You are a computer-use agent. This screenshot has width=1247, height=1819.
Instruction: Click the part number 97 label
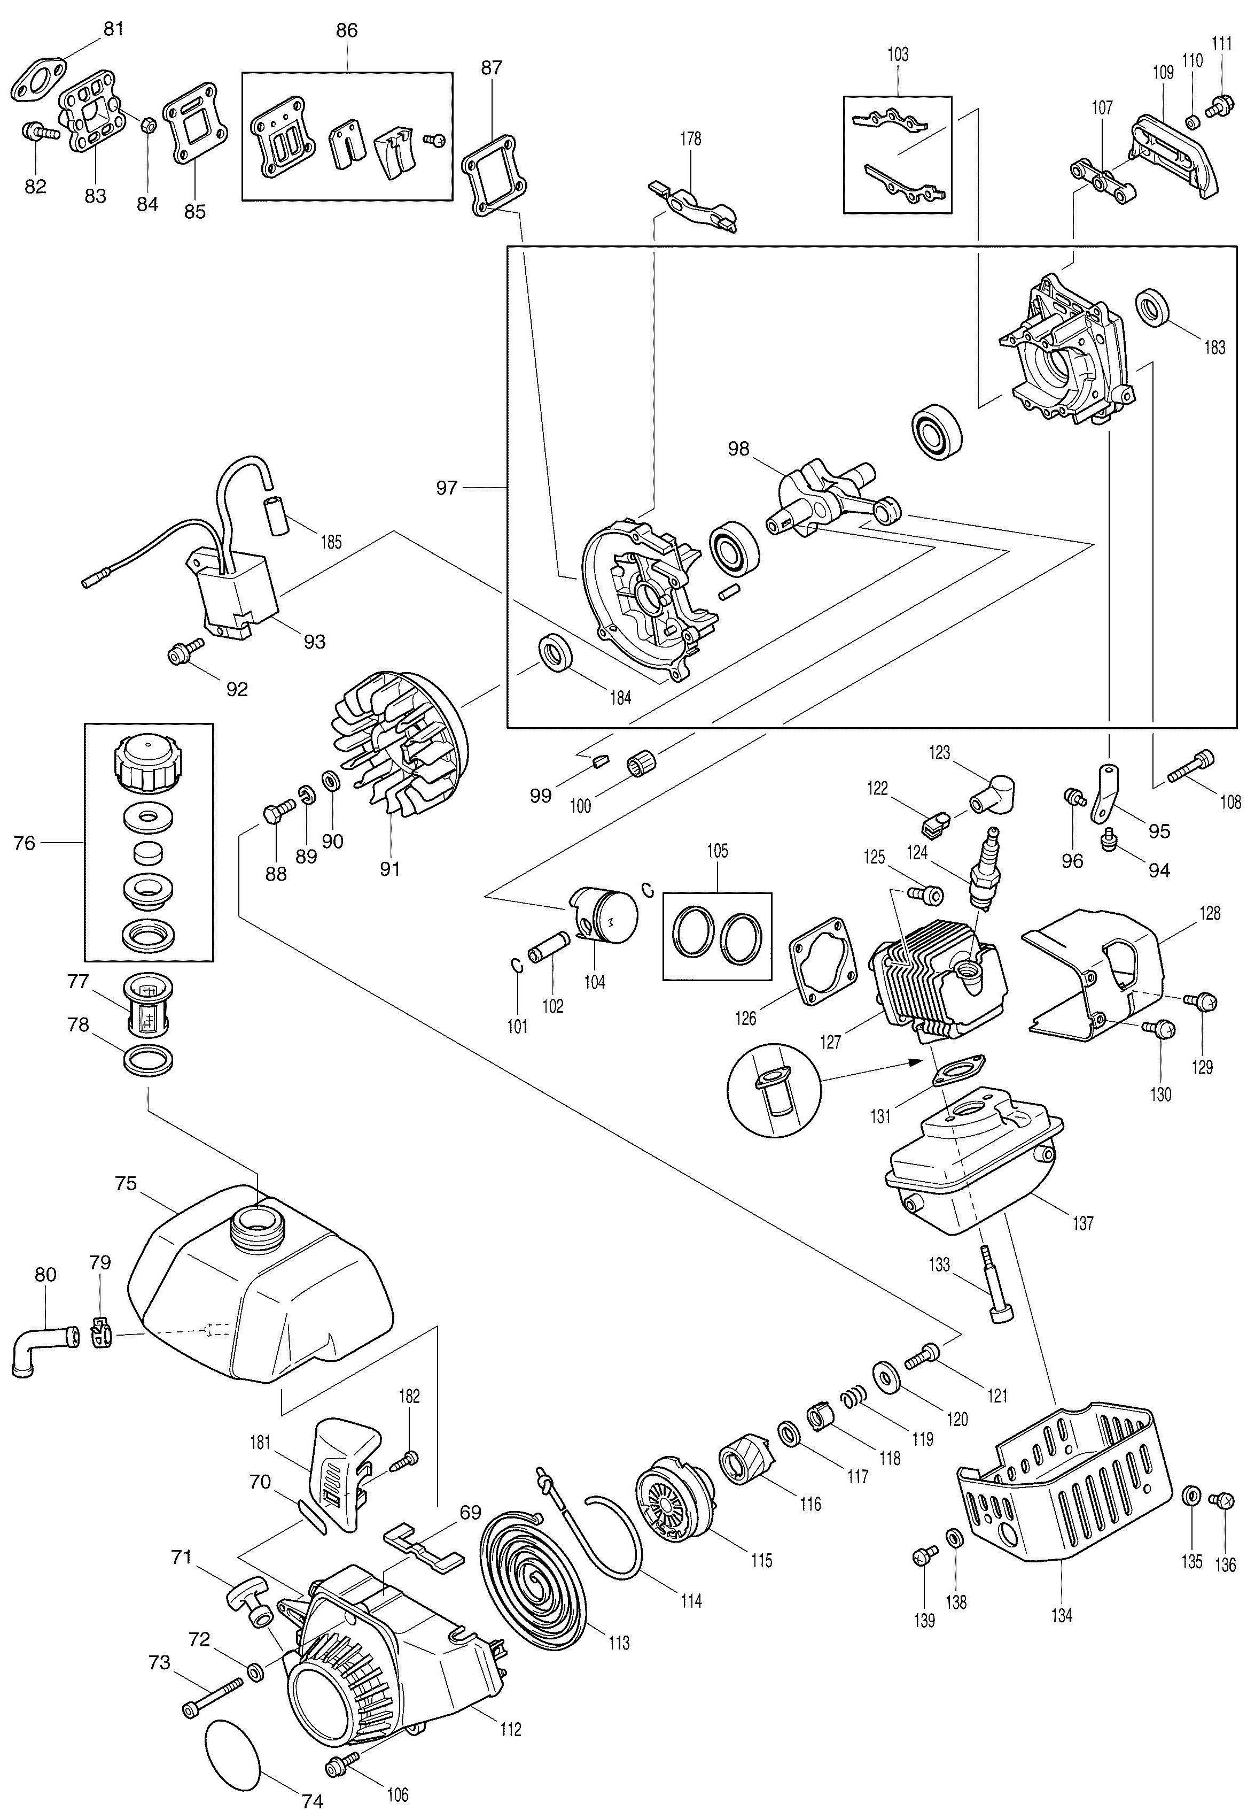(447, 488)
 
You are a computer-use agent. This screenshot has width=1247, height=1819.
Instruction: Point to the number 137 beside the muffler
(1083, 1223)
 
